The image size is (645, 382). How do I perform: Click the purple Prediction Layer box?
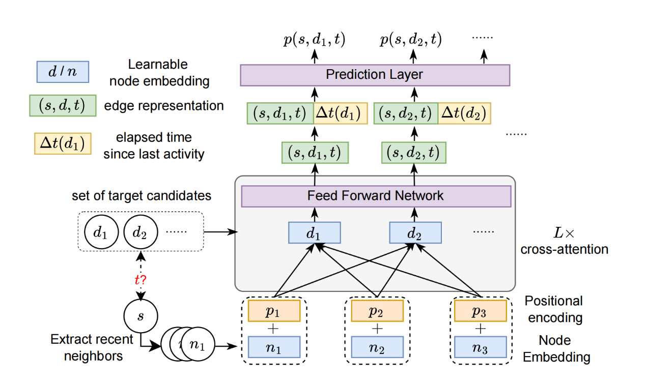375,75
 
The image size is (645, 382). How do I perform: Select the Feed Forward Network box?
376,196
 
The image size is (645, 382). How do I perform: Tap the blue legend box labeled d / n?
63,72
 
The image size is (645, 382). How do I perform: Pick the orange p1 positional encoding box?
275,310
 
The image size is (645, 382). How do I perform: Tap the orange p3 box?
480,310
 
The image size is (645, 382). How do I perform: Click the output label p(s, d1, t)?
314,39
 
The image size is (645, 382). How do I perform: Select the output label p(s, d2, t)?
411,39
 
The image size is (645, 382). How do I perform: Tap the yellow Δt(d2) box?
464,113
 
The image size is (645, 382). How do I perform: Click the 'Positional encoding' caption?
554,309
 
